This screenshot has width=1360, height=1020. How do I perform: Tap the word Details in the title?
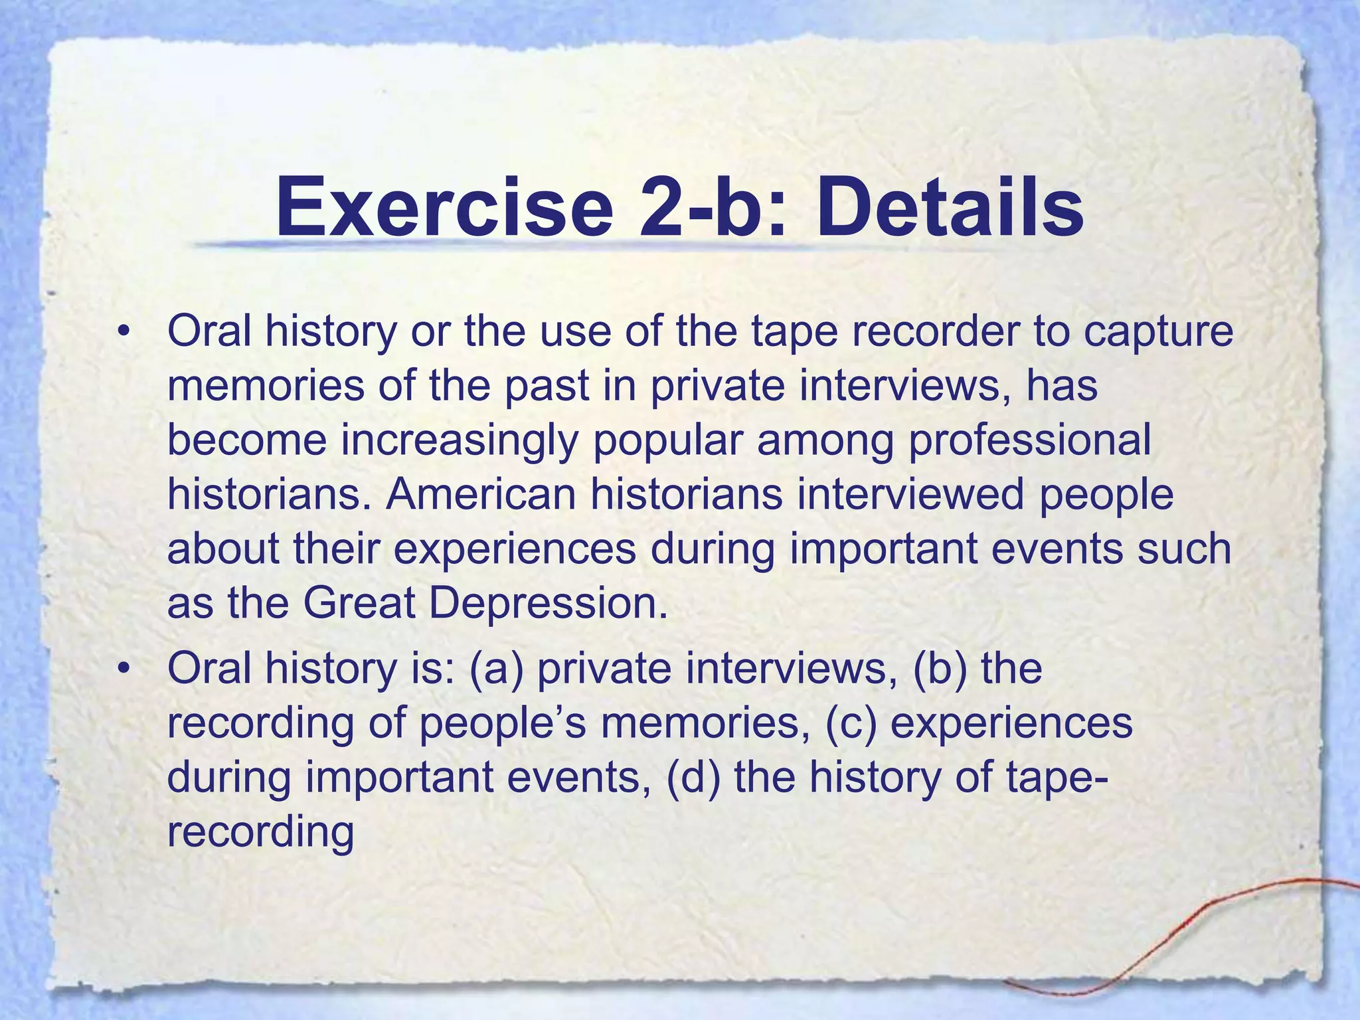click(x=949, y=207)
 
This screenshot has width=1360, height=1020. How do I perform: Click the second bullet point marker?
click(x=122, y=669)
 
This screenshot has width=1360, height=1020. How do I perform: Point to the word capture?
click(x=1158, y=332)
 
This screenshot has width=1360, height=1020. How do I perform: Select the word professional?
click(x=1029, y=440)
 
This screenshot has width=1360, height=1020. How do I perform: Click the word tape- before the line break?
click(x=1056, y=778)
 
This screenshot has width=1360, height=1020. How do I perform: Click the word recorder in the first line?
click(x=923, y=332)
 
